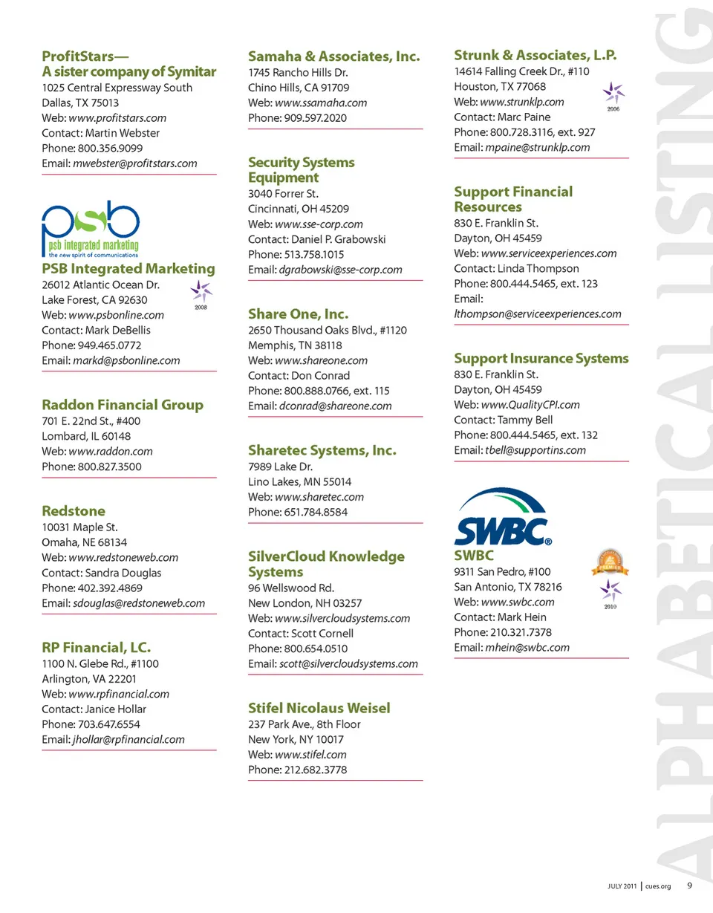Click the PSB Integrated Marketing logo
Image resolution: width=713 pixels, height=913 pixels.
click(91, 228)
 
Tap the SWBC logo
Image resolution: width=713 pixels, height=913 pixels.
click(501, 518)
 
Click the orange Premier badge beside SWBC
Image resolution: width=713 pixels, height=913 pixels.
click(609, 563)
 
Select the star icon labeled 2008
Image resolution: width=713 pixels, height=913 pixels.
click(201, 291)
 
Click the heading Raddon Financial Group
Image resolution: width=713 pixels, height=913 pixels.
click(123, 405)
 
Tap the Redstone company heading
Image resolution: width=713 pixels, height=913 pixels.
click(74, 511)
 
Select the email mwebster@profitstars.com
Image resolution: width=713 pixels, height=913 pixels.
click(135, 163)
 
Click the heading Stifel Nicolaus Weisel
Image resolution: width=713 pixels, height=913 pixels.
click(319, 708)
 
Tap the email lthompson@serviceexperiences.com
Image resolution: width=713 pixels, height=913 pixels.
click(537, 314)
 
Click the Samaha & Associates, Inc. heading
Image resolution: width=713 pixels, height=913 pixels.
click(333, 56)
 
